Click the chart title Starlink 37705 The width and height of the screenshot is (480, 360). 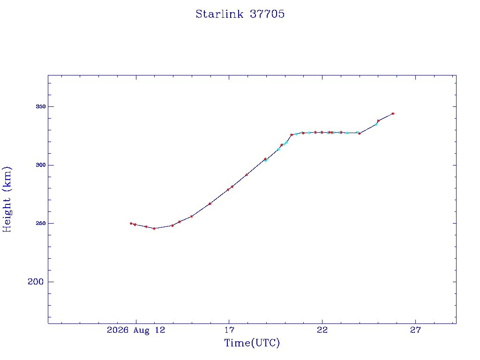pos(240,14)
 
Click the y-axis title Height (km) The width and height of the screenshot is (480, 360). pos(7,199)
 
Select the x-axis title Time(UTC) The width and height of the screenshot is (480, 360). pos(252,343)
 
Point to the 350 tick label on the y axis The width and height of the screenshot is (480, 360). pos(41,106)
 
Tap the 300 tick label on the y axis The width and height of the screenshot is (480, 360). pos(41,165)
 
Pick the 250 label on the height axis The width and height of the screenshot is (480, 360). pos(41,224)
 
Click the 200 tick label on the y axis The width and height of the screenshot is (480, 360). pos(36,282)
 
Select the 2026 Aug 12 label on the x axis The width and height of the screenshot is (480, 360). pos(136,330)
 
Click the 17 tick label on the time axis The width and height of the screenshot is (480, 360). pos(229,330)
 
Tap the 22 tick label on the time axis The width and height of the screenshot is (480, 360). pos(322,330)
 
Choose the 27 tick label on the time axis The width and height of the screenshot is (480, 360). pos(415,330)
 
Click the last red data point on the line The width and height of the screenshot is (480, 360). pos(393,113)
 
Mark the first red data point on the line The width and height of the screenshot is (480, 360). pos(131,224)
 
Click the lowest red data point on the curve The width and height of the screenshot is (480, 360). pos(154,228)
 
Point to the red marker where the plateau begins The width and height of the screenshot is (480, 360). pos(292,135)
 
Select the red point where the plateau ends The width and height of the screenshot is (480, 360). pos(360,134)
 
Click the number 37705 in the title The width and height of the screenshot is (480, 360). pos(267,14)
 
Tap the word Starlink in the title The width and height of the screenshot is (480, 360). pos(219,14)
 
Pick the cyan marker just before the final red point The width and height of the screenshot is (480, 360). pos(376,124)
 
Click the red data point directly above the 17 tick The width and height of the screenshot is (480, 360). pos(228,190)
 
